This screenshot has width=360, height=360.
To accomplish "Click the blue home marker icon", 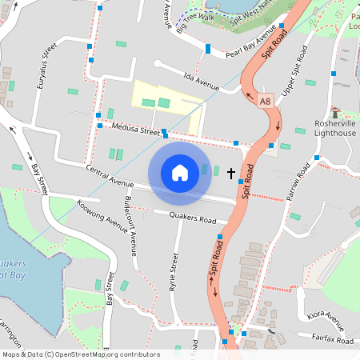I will (179, 173).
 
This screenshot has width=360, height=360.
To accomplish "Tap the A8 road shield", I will (266, 101).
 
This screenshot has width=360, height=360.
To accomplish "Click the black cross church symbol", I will (231, 173).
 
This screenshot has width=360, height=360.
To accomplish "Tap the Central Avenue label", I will (109, 176).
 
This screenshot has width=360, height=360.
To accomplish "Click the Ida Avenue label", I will (201, 81).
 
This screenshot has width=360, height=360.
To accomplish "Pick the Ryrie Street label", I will (173, 272).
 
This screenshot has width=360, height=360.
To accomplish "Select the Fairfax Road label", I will (333, 341).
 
